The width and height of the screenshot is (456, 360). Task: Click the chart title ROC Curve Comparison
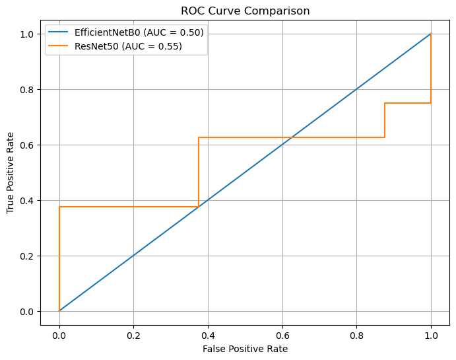(x=245, y=11)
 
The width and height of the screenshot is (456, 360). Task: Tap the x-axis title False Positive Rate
(x=245, y=348)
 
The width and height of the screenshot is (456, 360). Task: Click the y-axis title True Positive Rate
(x=11, y=172)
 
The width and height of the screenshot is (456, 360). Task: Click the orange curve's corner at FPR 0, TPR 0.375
(x=59, y=207)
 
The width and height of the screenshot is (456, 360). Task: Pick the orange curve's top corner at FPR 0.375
(x=199, y=137)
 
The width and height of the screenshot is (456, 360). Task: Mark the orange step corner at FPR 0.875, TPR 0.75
(x=385, y=103)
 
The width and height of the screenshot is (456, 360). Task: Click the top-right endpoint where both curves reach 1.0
(x=431, y=34)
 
